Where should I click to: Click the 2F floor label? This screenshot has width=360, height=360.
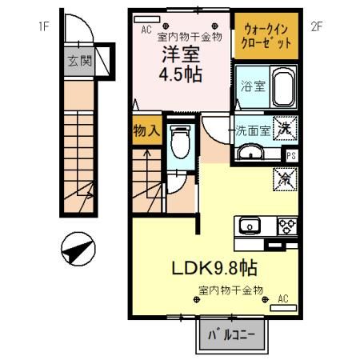pyautogui.click(x=316, y=25)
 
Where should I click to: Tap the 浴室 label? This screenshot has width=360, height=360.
pyautogui.click(x=250, y=89)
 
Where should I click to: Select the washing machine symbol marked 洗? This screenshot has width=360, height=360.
pyautogui.click(x=282, y=128)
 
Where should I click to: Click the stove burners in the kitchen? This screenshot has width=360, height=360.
pyautogui.click(x=286, y=226)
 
